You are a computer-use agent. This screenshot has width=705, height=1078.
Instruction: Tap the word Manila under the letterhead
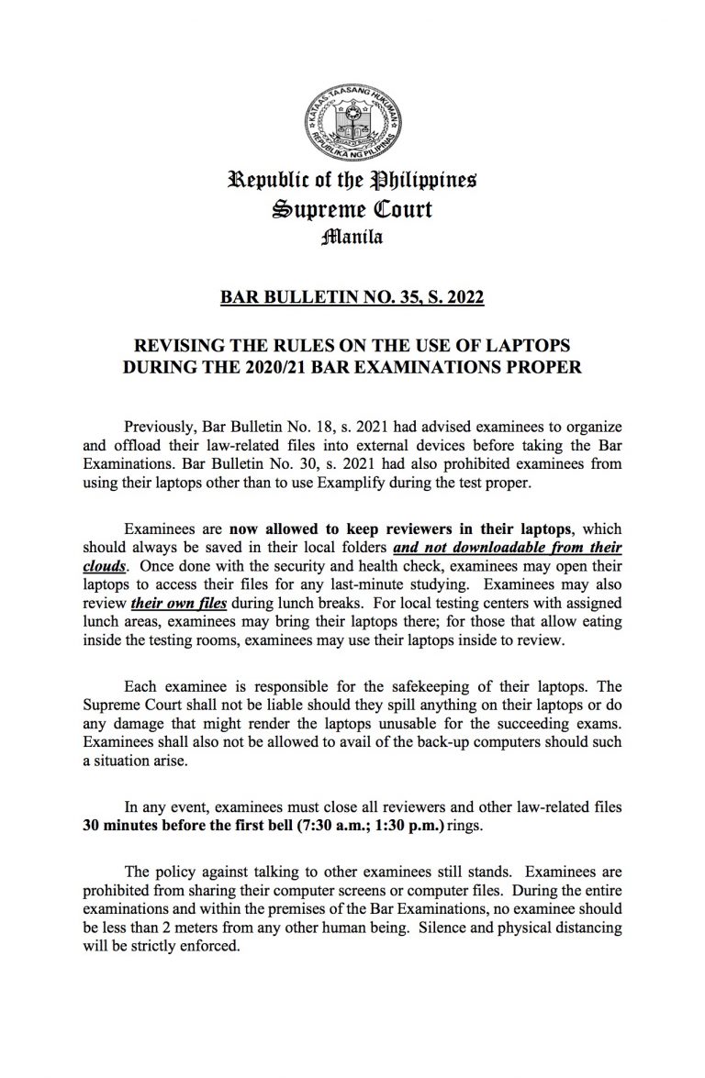[352, 238]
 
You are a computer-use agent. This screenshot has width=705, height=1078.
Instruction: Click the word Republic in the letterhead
[266, 180]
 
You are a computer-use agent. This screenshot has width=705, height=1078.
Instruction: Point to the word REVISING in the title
[178, 347]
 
